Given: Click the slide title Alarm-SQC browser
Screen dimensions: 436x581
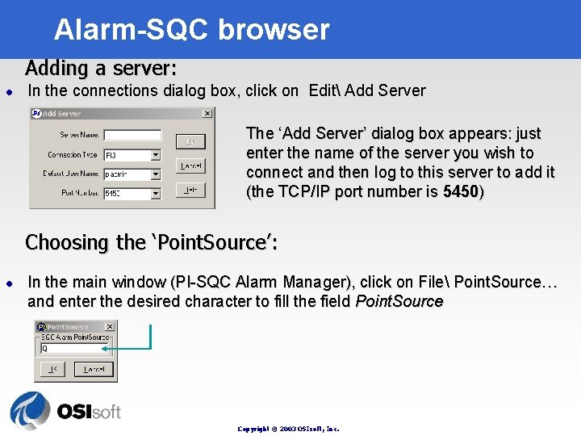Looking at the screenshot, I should [192, 30].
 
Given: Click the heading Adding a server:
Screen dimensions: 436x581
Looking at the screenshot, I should [101, 66].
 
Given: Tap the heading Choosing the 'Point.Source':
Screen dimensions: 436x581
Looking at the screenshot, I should [152, 242].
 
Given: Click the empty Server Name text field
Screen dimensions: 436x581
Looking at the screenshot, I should [132, 135].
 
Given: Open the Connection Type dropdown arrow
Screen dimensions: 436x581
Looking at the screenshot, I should [156, 154].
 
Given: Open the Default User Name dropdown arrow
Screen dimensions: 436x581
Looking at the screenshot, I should [156, 174].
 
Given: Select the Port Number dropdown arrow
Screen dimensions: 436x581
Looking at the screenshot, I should [156, 193].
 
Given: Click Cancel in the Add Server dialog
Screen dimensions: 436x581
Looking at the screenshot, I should [191, 166].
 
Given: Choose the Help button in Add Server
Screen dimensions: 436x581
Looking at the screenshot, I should [191, 189].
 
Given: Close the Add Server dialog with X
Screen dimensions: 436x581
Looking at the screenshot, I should [207, 114].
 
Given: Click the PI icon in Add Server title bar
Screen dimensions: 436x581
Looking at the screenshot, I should [36, 114].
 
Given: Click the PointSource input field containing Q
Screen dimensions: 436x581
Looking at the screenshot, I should [75, 349].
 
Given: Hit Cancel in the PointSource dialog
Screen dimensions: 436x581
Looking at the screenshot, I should [94, 370].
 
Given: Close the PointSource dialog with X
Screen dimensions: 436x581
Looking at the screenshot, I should [111, 326].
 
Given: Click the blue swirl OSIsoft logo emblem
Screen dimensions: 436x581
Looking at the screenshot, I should [30, 411].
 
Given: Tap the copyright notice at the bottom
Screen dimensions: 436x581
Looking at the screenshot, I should [288, 429].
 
